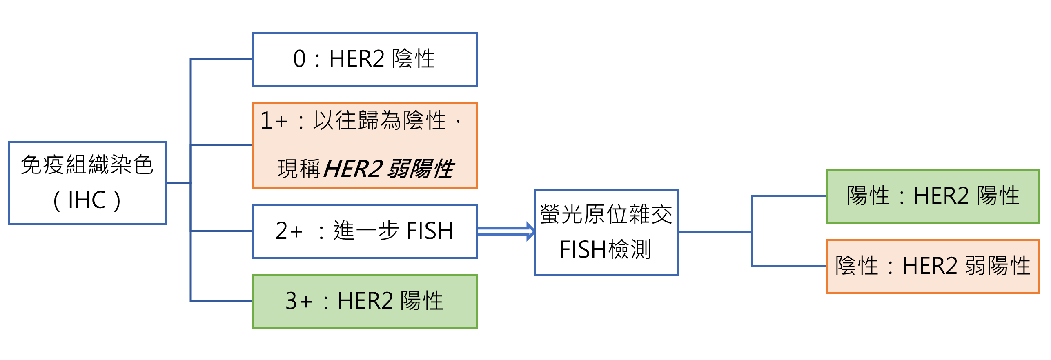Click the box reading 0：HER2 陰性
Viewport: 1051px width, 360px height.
tap(365, 60)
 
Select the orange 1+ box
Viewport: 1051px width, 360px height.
tap(365, 145)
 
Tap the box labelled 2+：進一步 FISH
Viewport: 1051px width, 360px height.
tap(365, 231)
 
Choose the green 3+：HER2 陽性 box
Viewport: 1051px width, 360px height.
tap(365, 301)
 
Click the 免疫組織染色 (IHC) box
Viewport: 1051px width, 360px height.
tap(87, 183)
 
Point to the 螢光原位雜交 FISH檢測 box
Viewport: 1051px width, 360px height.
tap(606, 232)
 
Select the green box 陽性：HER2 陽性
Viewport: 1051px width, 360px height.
tap(933, 196)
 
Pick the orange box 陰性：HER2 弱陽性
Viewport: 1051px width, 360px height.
tap(933, 266)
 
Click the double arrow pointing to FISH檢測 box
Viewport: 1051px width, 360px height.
tap(505, 231)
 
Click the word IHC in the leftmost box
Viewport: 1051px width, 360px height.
tap(87, 200)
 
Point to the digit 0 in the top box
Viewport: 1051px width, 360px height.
tap(299, 59)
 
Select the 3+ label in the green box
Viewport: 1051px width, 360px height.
tap(298, 301)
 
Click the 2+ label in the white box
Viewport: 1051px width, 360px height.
tap(289, 231)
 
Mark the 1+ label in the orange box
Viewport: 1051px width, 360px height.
tap(274, 121)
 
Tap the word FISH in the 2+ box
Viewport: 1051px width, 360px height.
tap(430, 231)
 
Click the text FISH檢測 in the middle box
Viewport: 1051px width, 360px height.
tap(606, 249)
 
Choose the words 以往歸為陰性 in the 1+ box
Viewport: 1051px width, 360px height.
tap(380, 121)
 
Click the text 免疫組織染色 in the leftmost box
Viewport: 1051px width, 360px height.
tap(87, 165)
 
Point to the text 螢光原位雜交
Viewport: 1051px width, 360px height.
tap(606, 214)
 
